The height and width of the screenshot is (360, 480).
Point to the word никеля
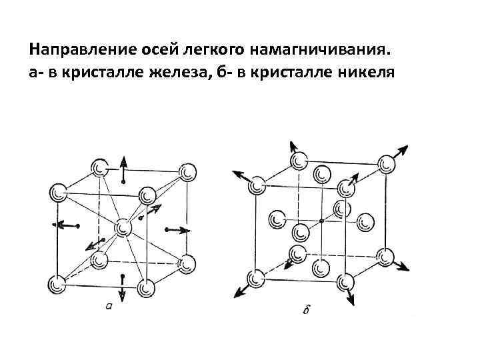[364, 71]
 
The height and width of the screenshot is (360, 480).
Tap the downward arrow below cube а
[123, 287]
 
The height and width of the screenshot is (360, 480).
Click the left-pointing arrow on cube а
[66, 225]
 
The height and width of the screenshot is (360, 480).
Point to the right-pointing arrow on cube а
[177, 230]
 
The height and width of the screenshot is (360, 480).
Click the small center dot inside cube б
[321, 220]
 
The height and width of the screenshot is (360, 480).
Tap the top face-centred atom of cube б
[323, 175]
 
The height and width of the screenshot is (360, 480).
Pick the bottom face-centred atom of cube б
[322, 267]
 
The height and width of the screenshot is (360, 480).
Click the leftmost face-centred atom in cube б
[276, 218]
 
